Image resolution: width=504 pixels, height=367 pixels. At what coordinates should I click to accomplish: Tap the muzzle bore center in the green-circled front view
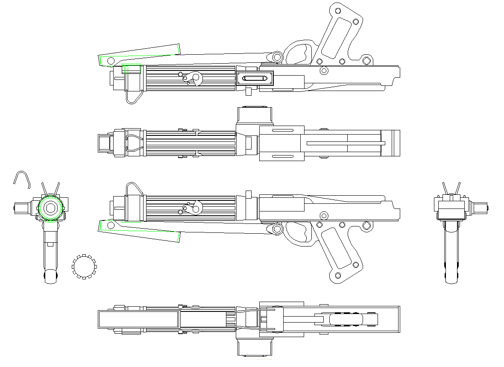pos(50,208)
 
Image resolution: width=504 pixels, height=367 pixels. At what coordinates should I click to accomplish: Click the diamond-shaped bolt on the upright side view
pos(366,226)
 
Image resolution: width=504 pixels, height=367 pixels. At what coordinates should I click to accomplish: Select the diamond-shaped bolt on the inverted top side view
pos(366,61)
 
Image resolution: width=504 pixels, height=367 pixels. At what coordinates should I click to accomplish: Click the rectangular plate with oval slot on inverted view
pos(255,79)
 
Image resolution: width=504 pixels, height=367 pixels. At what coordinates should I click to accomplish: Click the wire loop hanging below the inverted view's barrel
pos(133,97)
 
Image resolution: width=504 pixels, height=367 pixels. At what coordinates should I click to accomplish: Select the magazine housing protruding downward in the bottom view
pos(254,347)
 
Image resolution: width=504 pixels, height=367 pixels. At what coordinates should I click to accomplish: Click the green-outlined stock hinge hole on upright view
pos(111,225)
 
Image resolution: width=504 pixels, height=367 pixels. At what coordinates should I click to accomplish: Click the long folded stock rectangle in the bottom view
pos(138,320)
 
